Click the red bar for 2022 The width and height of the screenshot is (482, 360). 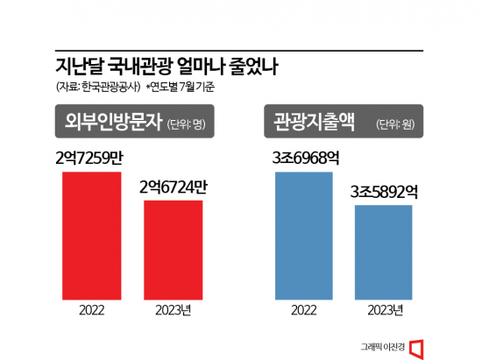[x=91, y=234]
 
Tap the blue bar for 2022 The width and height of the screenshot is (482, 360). [x=304, y=234]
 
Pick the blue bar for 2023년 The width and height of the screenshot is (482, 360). [x=383, y=251]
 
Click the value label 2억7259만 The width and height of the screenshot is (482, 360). [x=91, y=159]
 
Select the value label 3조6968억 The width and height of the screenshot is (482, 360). [x=304, y=159]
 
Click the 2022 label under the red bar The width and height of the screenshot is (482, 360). [x=91, y=309]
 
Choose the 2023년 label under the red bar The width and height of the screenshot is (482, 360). [x=173, y=309]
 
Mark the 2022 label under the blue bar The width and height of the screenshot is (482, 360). [x=304, y=309]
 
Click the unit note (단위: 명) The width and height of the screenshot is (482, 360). [x=190, y=124]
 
